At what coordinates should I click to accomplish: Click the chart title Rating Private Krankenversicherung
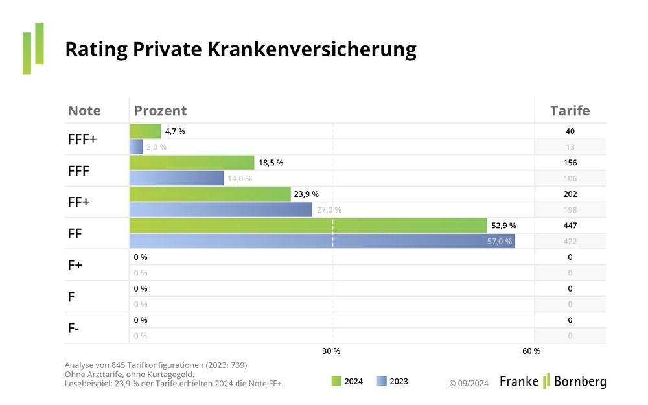[240, 50]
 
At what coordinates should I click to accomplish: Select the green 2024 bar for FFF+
[145, 132]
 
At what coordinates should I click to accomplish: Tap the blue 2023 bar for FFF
[176, 178]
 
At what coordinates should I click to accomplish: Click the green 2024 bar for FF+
[210, 194]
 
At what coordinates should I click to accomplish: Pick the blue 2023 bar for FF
[321, 241]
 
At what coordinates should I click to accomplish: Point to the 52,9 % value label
[503, 226]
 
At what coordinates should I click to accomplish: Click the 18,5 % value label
[271, 163]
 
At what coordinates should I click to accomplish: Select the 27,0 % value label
[329, 210]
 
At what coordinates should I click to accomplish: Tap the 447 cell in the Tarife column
[570, 226]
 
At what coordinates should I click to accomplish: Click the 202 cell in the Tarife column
[570, 194]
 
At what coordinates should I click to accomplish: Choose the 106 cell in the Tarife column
[570, 178]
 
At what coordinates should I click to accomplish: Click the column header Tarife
[570, 111]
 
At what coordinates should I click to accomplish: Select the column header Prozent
[160, 111]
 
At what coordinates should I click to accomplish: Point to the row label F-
[74, 328]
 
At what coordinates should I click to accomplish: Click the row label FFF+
[82, 139]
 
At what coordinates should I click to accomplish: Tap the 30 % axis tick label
[331, 351]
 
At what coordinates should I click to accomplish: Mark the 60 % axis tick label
[531, 351]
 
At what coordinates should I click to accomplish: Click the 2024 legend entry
[347, 382]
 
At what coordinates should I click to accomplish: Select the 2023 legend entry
[393, 382]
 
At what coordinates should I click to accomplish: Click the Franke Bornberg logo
[553, 381]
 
